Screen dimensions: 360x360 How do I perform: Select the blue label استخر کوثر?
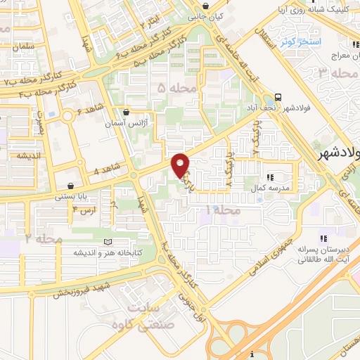[301, 42]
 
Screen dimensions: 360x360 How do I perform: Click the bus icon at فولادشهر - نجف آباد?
[278, 97]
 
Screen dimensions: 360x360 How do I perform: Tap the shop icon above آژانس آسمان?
[126, 111]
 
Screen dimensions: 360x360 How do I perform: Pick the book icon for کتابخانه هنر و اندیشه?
[108, 242]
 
